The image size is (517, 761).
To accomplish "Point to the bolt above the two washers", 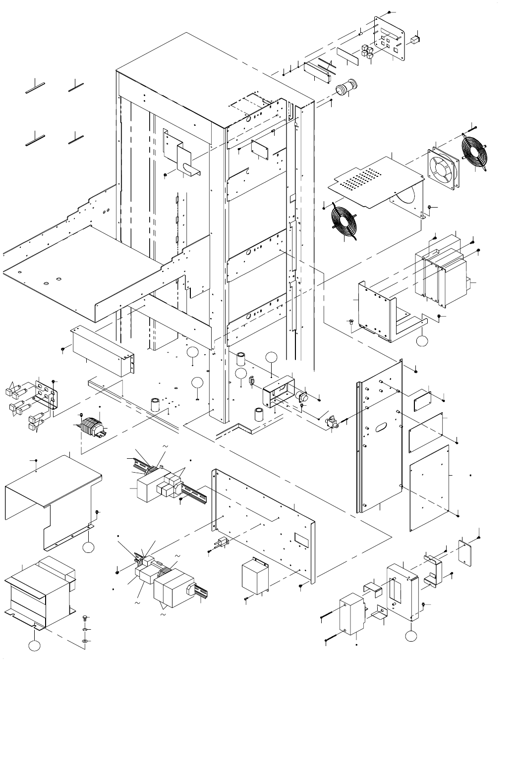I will tap(85, 619).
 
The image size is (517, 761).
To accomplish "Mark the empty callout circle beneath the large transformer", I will tap(34, 647).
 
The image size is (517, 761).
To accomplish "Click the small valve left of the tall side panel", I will tap(331, 424).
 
